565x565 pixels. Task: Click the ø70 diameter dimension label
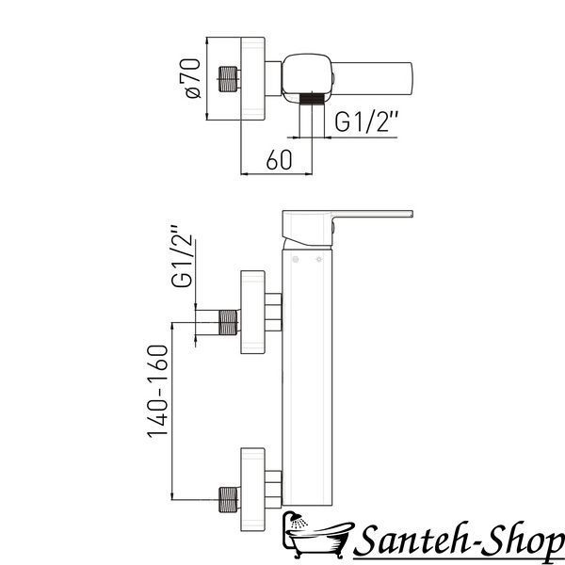[190, 78]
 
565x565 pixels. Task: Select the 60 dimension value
[280, 160]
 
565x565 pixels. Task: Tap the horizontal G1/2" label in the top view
[366, 121]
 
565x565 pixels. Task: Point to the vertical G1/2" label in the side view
[183, 256]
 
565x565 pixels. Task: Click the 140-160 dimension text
[158, 391]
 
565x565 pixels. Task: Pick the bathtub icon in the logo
[316, 534]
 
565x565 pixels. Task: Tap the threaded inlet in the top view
[229, 79]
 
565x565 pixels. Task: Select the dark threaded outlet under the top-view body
[312, 98]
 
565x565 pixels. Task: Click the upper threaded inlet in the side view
[229, 322]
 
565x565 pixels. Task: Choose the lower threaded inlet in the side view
[229, 499]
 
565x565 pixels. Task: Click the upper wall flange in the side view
[253, 312]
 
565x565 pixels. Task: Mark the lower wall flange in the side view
[253, 490]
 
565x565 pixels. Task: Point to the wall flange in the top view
[253, 78]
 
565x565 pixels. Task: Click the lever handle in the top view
[372, 78]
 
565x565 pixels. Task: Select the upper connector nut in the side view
[273, 313]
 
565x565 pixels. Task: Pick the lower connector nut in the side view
[273, 490]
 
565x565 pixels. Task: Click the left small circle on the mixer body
[296, 259]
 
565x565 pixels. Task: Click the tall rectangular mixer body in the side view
[307, 378]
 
